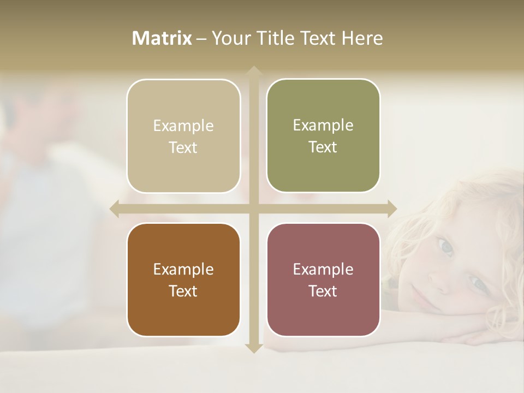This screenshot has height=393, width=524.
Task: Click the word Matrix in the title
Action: (162, 38)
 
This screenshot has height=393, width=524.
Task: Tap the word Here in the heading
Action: (362, 38)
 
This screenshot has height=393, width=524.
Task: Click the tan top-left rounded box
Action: (183, 136)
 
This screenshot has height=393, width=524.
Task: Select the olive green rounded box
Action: (323, 136)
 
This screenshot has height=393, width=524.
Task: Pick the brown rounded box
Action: (183, 280)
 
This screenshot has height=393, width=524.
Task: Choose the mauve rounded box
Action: (323, 280)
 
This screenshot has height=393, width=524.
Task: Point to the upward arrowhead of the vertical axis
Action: (253, 72)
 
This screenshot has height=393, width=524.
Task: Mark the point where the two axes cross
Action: (253, 209)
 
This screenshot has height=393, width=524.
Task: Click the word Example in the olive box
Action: (323, 125)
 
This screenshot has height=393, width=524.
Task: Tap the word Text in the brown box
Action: (183, 291)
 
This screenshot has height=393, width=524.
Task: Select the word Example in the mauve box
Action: (323, 269)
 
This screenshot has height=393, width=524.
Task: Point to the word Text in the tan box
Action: (183, 147)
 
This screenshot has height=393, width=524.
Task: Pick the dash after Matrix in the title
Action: (201, 39)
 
